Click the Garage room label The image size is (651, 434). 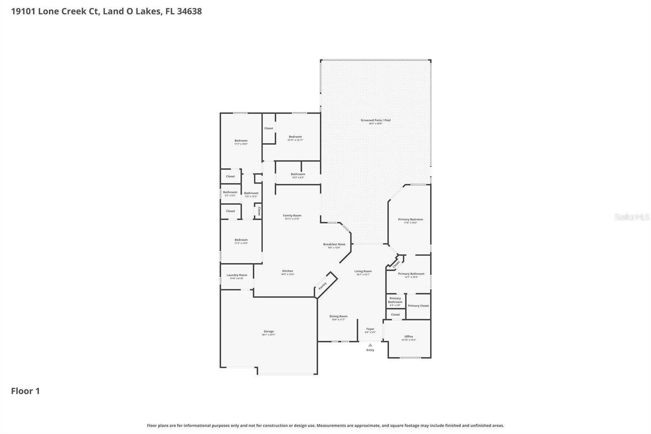point(269,331)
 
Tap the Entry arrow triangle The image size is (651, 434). point(370,345)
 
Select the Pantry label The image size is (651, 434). point(323,286)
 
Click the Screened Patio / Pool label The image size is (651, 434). point(376,120)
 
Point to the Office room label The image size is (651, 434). point(409,337)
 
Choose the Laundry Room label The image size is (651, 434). point(237,275)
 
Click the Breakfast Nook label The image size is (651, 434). point(334,244)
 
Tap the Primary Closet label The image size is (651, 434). point(418,306)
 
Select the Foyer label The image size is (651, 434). point(370,329)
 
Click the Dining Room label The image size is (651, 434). point(338,316)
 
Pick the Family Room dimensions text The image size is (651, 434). point(292,219)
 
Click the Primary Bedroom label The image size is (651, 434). point(411,219)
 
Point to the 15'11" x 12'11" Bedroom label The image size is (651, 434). point(295,137)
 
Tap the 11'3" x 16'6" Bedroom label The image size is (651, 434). point(241,140)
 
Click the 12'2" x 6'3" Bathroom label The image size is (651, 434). point(298,174)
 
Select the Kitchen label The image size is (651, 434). point(288,271)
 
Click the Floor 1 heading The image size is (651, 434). point(25,391)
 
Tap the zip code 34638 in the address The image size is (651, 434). point(189,11)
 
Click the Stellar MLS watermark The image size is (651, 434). point(631,217)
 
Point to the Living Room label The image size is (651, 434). point(363,271)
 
